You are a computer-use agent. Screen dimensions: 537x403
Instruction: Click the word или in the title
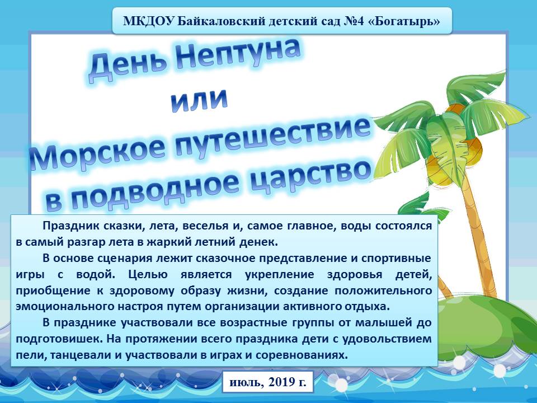coord(199,100)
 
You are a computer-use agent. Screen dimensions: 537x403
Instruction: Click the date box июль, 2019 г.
coord(268,381)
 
